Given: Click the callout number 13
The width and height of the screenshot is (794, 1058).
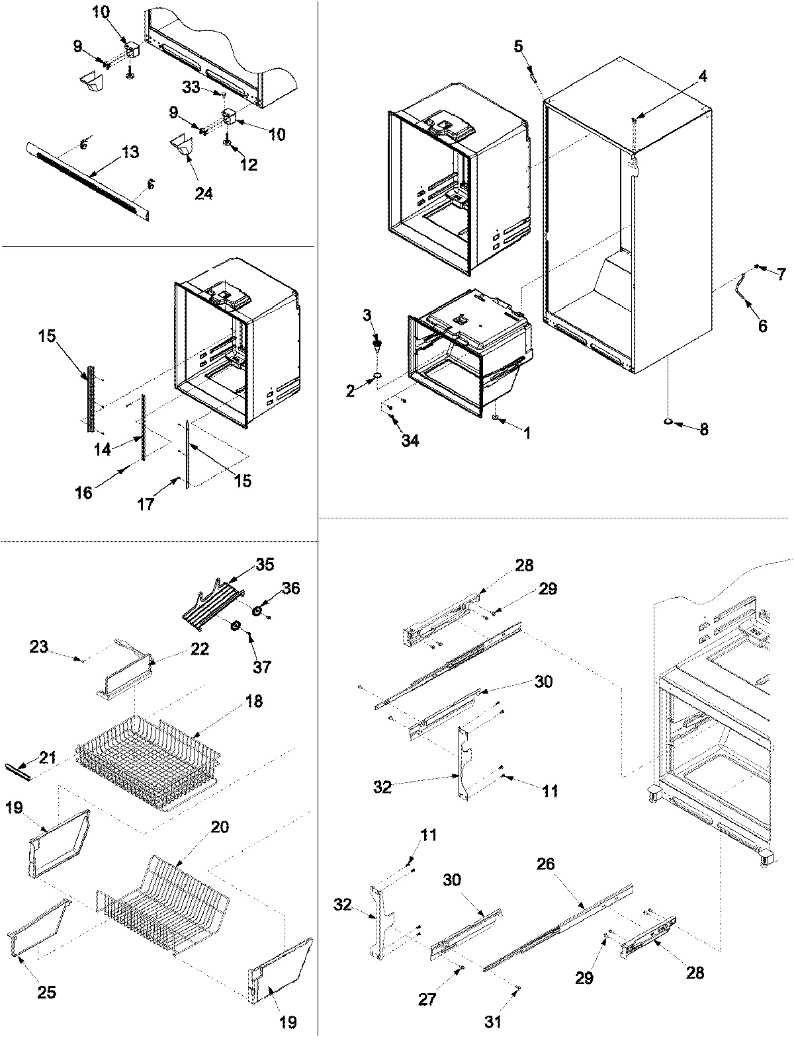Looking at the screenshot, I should point(130,153).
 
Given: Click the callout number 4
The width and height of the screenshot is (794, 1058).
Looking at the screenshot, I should point(703,76).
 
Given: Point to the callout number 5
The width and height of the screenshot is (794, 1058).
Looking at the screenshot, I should point(519,46).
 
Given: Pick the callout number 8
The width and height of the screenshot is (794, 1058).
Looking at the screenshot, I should point(703,430).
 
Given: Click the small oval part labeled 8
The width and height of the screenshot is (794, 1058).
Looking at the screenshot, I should point(669,421).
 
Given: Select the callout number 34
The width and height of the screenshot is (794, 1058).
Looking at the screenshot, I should point(410,440).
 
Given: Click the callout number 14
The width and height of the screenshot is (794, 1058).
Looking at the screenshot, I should point(102,449).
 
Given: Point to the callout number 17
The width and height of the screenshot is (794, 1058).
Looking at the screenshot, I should point(146,504).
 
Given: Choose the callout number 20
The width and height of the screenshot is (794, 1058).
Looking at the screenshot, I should point(220,827).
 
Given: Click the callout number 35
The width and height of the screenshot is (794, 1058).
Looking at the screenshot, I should point(265,564).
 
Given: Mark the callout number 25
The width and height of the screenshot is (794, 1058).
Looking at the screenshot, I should point(47,992).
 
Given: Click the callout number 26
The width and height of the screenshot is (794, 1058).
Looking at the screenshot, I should point(547,864).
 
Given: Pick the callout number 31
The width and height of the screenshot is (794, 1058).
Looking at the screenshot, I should point(493,1022).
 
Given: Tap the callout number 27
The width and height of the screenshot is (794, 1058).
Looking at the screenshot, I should point(427,998).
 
